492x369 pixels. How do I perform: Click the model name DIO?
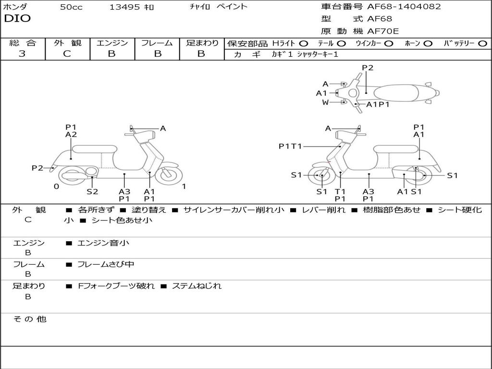tap(17, 19)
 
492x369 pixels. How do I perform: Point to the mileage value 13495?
tap(124, 7)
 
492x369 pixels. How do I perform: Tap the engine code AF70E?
tap(383, 32)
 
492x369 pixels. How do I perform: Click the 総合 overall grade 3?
tap(22, 54)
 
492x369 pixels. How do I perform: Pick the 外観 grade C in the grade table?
tap(67, 54)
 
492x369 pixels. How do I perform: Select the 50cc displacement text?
tap(71, 7)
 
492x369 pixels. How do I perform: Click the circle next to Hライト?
tap(303, 44)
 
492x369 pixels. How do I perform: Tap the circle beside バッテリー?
tap(482, 44)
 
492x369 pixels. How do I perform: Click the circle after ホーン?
tap(428, 44)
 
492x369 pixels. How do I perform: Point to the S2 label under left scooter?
tap(92, 192)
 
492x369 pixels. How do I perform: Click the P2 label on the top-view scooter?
tap(368, 68)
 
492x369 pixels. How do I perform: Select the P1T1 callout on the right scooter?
tap(290, 146)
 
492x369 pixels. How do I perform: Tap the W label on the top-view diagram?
tap(325, 102)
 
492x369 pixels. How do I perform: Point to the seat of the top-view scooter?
tap(401, 93)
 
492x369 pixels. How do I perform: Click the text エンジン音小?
tap(103, 243)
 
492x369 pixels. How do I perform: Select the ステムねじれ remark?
tap(197, 286)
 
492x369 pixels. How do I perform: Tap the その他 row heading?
tap(29, 319)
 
